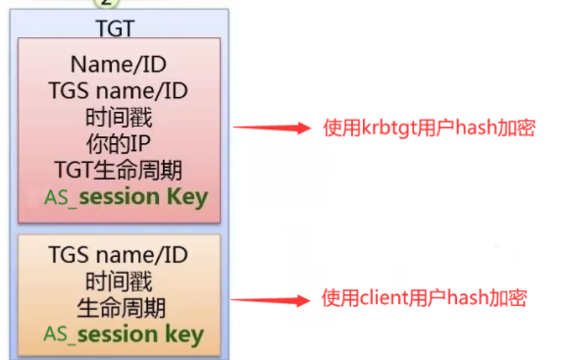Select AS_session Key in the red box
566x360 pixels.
[126, 197]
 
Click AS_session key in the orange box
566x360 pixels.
[124, 334]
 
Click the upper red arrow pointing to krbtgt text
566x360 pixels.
[271, 128]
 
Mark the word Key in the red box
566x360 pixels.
[187, 197]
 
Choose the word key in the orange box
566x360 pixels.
[184, 334]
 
